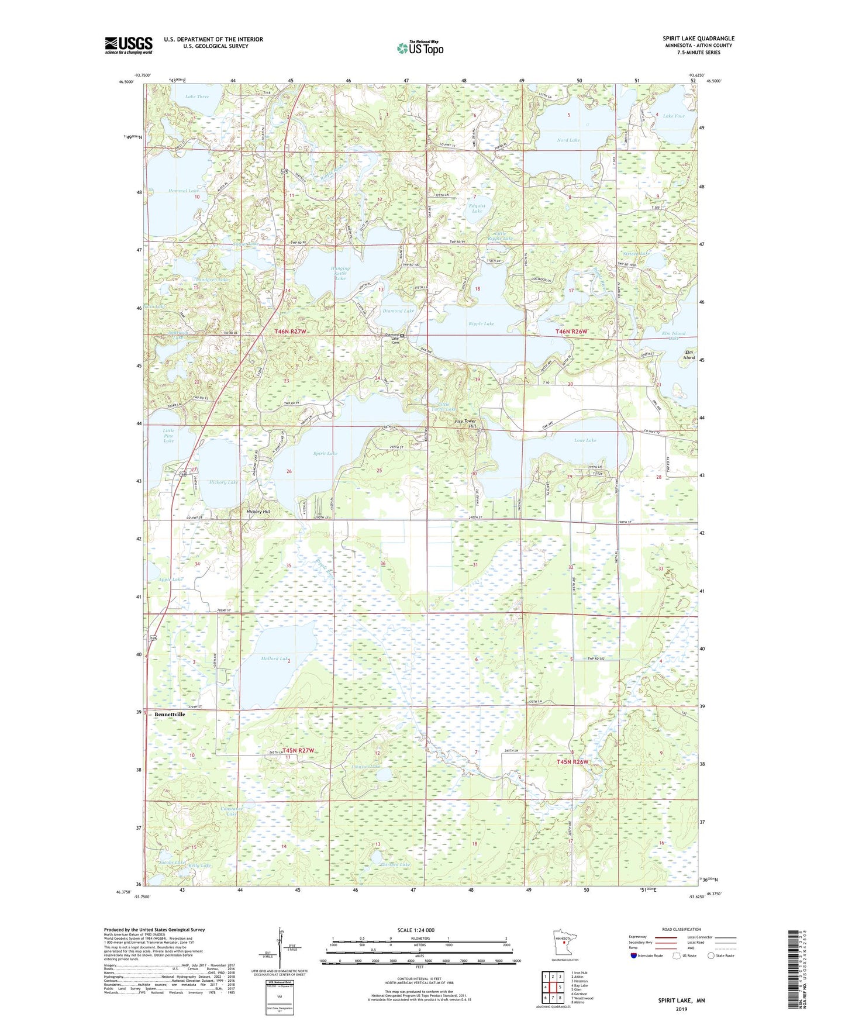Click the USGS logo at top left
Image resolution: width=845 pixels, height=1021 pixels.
(x=129, y=44)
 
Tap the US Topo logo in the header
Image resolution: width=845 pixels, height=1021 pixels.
(x=420, y=48)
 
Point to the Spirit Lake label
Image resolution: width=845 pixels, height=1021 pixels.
(x=325, y=453)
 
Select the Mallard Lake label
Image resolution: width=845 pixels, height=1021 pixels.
(x=274, y=658)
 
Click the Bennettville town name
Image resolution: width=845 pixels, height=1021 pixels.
(x=170, y=715)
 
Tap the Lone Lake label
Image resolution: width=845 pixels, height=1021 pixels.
(x=585, y=440)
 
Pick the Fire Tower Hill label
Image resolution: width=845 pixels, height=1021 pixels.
(x=466, y=423)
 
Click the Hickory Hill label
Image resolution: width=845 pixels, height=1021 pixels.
(x=258, y=512)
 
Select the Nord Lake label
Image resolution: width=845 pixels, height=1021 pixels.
(x=568, y=140)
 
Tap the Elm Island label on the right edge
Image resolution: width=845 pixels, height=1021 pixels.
(x=689, y=355)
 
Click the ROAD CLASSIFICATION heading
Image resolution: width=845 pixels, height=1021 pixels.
(x=681, y=929)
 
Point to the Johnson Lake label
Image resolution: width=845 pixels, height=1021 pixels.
(x=366, y=766)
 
